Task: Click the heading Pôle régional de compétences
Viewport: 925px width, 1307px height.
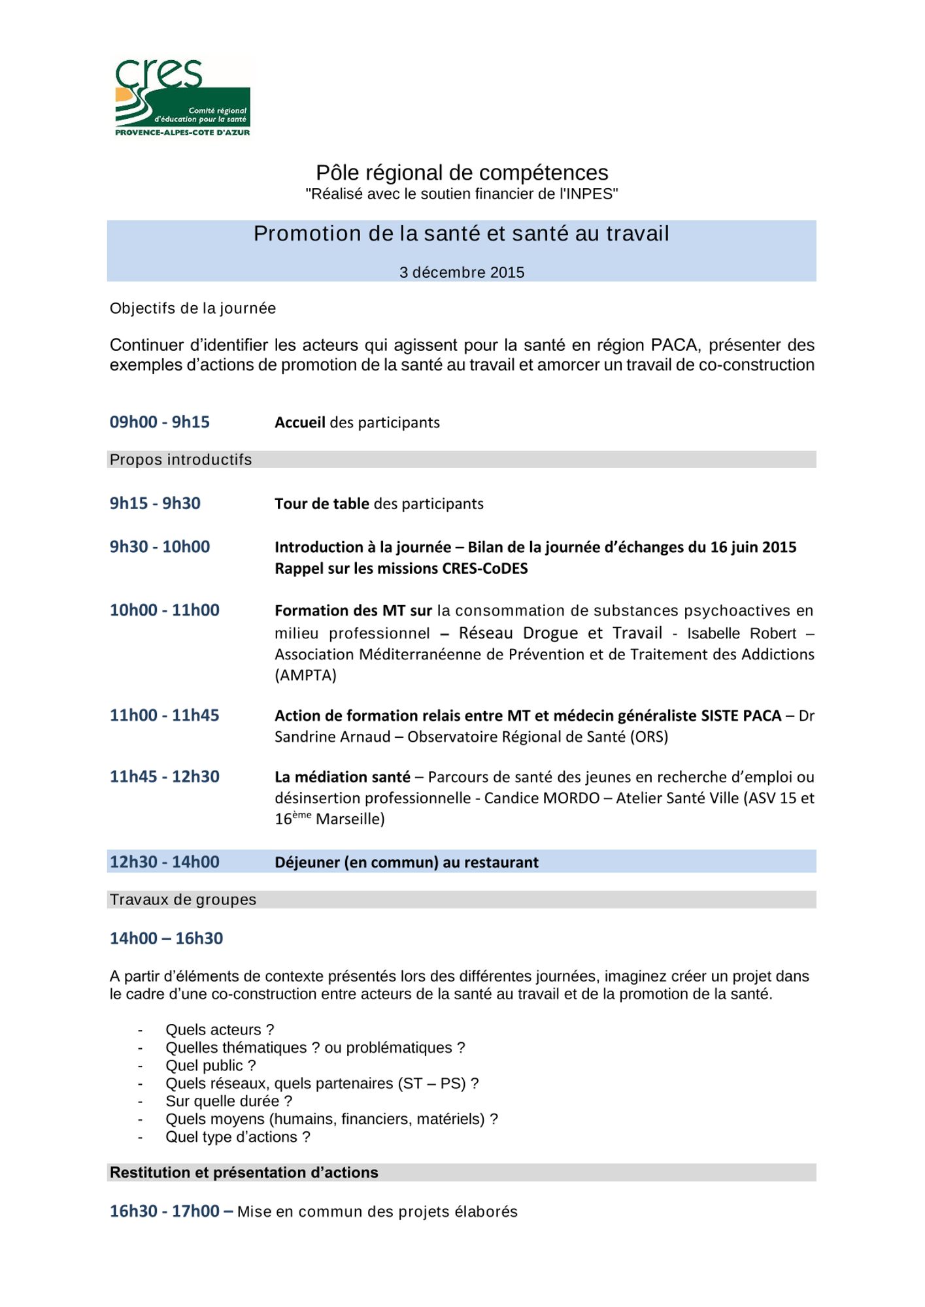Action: tap(462, 173)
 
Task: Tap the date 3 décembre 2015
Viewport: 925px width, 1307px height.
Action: tap(462, 273)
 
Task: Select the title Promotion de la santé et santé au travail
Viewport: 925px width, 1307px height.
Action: tap(462, 234)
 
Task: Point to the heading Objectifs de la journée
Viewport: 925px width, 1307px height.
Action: tap(193, 308)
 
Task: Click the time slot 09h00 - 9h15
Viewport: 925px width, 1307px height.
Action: tap(160, 422)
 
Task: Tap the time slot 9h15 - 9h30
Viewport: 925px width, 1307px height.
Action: tap(155, 503)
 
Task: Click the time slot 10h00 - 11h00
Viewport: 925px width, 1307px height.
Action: tap(165, 610)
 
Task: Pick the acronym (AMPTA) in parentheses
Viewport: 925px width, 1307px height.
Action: tap(305, 675)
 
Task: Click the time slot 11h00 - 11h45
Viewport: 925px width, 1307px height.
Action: tap(165, 716)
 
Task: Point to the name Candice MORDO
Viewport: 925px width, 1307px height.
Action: tap(542, 798)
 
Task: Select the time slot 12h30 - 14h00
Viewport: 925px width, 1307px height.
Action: tap(165, 862)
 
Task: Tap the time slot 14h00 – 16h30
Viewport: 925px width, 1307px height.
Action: tap(166, 938)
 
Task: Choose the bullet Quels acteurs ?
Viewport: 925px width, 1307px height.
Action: tap(220, 1030)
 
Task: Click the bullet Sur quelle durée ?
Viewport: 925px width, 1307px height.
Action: tap(229, 1101)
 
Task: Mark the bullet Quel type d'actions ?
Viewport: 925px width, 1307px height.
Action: tap(238, 1137)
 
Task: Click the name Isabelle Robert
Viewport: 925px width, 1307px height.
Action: tap(741, 633)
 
